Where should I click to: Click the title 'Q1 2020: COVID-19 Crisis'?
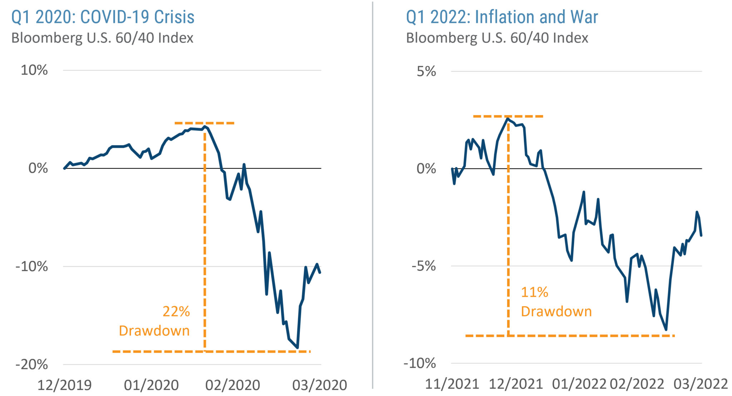click(x=103, y=17)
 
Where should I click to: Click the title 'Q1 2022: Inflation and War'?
click(x=502, y=17)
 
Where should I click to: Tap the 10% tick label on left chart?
click(x=34, y=70)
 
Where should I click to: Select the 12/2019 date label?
click(x=65, y=385)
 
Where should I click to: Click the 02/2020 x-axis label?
click(x=233, y=385)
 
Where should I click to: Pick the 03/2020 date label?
click(x=320, y=385)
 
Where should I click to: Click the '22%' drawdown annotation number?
click(x=176, y=311)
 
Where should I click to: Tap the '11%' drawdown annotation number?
click(x=534, y=292)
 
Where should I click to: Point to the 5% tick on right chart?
click(x=426, y=71)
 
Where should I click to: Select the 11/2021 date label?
click(x=452, y=384)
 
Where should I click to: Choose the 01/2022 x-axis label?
click(x=579, y=384)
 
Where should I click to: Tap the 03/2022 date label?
click(x=701, y=384)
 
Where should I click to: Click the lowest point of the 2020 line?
click(x=297, y=348)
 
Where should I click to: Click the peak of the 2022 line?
click(x=508, y=119)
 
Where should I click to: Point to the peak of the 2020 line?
click(x=205, y=126)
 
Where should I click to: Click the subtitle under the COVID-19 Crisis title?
click(x=103, y=38)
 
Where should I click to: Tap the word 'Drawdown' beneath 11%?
click(x=556, y=311)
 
